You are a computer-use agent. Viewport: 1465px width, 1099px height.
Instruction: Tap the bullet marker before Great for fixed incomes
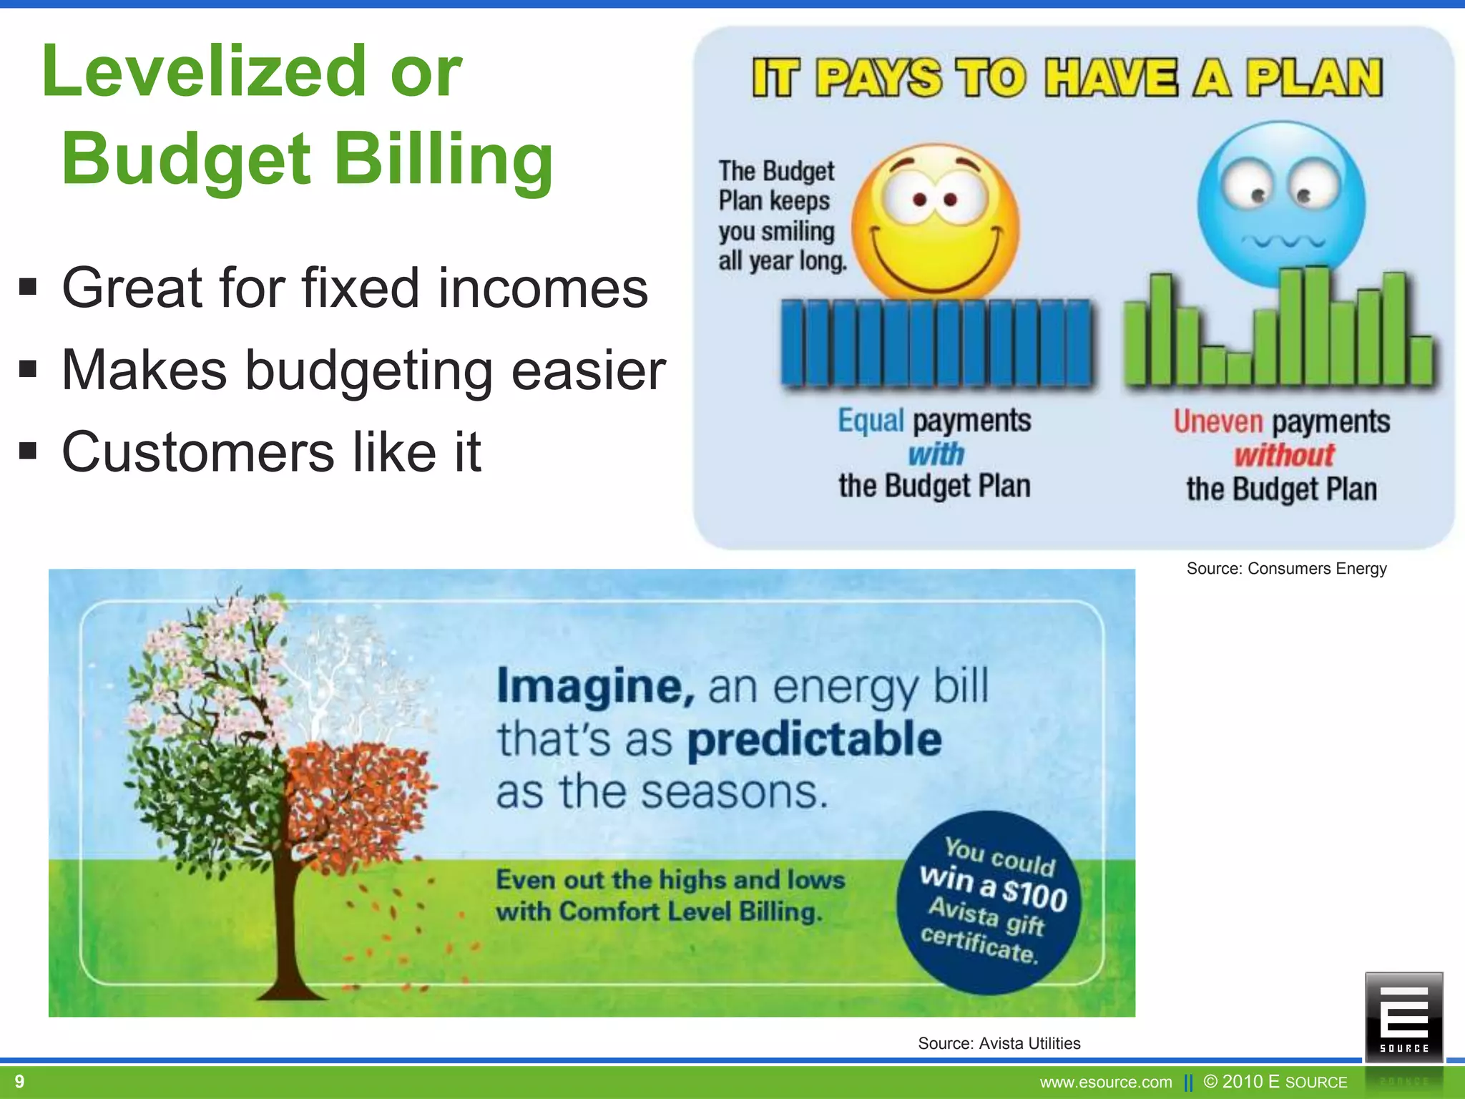point(28,288)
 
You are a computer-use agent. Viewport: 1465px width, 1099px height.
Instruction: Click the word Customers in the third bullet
point(198,452)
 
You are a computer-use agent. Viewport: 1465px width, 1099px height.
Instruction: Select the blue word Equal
point(871,421)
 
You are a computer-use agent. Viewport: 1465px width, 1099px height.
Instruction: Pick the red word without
point(1284,455)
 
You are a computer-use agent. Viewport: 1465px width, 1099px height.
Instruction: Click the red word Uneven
point(1217,421)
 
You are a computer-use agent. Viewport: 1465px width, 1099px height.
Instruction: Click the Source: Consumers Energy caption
point(1286,569)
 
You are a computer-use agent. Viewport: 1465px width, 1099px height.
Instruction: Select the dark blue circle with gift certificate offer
point(988,902)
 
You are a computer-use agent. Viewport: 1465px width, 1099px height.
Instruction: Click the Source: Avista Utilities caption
point(999,1043)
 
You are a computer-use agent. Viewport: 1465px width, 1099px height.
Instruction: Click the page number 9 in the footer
point(19,1081)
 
